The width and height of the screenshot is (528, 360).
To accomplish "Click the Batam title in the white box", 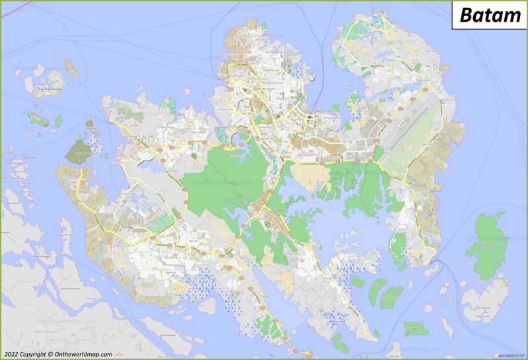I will point(489,15).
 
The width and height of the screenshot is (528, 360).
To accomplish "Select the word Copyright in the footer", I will point(32,355).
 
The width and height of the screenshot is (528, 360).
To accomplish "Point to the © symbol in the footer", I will point(50,355).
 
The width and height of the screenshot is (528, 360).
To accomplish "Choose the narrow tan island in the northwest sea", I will point(70,66).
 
